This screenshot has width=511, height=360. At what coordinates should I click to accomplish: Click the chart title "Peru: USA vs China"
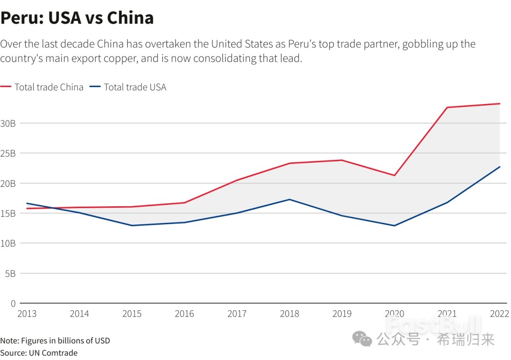coord(77,18)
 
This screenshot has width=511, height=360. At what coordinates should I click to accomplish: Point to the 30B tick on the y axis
coord(8,123)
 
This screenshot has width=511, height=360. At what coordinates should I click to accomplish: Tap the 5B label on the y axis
coord(10,273)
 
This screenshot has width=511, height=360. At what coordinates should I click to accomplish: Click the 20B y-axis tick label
coord(8,184)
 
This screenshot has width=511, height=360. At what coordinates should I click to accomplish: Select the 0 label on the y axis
coord(13,303)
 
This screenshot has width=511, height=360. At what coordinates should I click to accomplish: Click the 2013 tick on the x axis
coord(26,314)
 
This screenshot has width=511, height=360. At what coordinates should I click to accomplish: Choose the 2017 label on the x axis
coord(237,314)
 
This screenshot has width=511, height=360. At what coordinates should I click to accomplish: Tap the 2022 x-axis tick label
coord(500,314)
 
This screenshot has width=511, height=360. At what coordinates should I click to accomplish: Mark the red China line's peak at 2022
coord(500,104)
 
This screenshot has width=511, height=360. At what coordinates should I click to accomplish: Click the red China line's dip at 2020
coord(395,176)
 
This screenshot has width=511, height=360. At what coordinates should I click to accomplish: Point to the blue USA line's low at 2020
coord(395,226)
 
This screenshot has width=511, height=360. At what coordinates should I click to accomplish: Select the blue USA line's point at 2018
coord(290,199)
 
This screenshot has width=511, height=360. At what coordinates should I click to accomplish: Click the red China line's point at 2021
coord(447,107)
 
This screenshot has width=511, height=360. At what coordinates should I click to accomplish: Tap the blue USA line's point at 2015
coord(132,225)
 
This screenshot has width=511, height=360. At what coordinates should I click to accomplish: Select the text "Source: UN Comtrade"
coord(39,353)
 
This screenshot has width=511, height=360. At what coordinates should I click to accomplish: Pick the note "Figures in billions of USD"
coord(65,341)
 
